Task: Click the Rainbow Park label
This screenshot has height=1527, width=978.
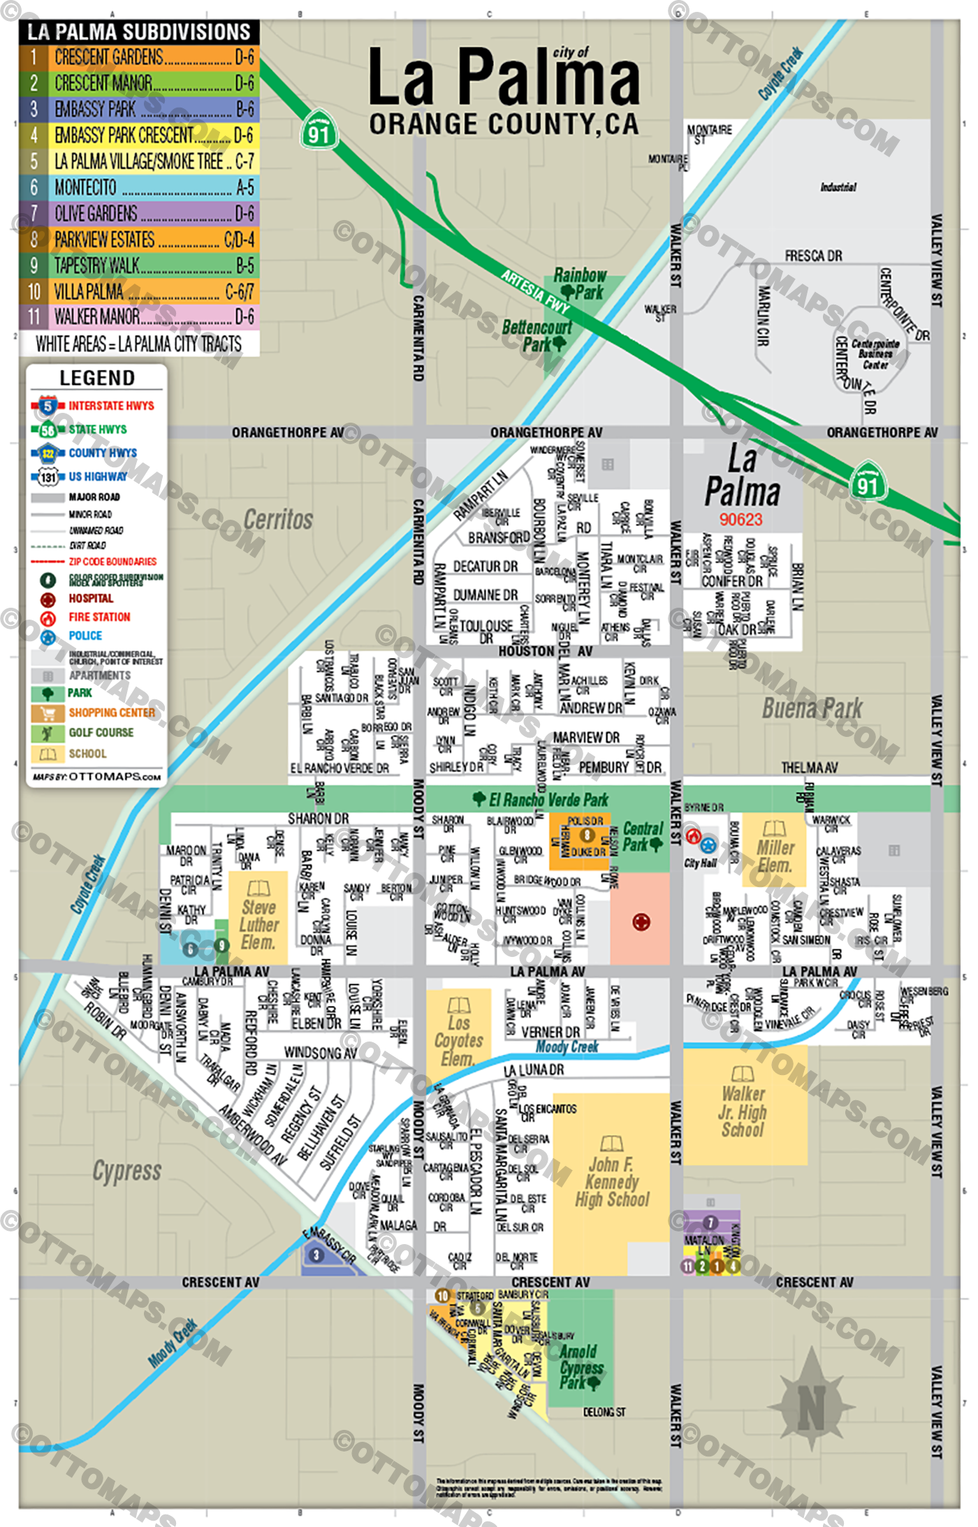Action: pos(580,284)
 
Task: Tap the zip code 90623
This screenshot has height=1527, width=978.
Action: pos(741,520)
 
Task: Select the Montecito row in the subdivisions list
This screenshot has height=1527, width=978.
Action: pos(140,187)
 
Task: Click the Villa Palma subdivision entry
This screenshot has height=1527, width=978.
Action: pos(140,291)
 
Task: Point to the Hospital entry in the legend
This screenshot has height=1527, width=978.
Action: pos(90,599)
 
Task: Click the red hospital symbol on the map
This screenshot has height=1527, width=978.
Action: pos(641,923)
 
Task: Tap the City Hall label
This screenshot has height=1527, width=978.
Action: pos(700,863)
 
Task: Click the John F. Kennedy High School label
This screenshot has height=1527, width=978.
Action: pos(612,1182)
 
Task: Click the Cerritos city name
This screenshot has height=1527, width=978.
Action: pos(278,520)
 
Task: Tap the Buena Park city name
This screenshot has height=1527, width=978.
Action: pos(812,708)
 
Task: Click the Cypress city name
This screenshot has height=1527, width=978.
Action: pos(127,1171)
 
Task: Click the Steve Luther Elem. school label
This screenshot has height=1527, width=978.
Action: pos(258,924)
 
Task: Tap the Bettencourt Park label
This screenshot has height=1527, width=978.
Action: pos(537,335)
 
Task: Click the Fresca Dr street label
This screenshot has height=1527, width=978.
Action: pos(813,256)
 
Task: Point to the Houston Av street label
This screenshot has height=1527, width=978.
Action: pos(545,651)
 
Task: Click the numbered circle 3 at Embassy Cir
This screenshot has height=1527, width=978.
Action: pos(316,1255)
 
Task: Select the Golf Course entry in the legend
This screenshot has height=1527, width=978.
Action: pos(101,733)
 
